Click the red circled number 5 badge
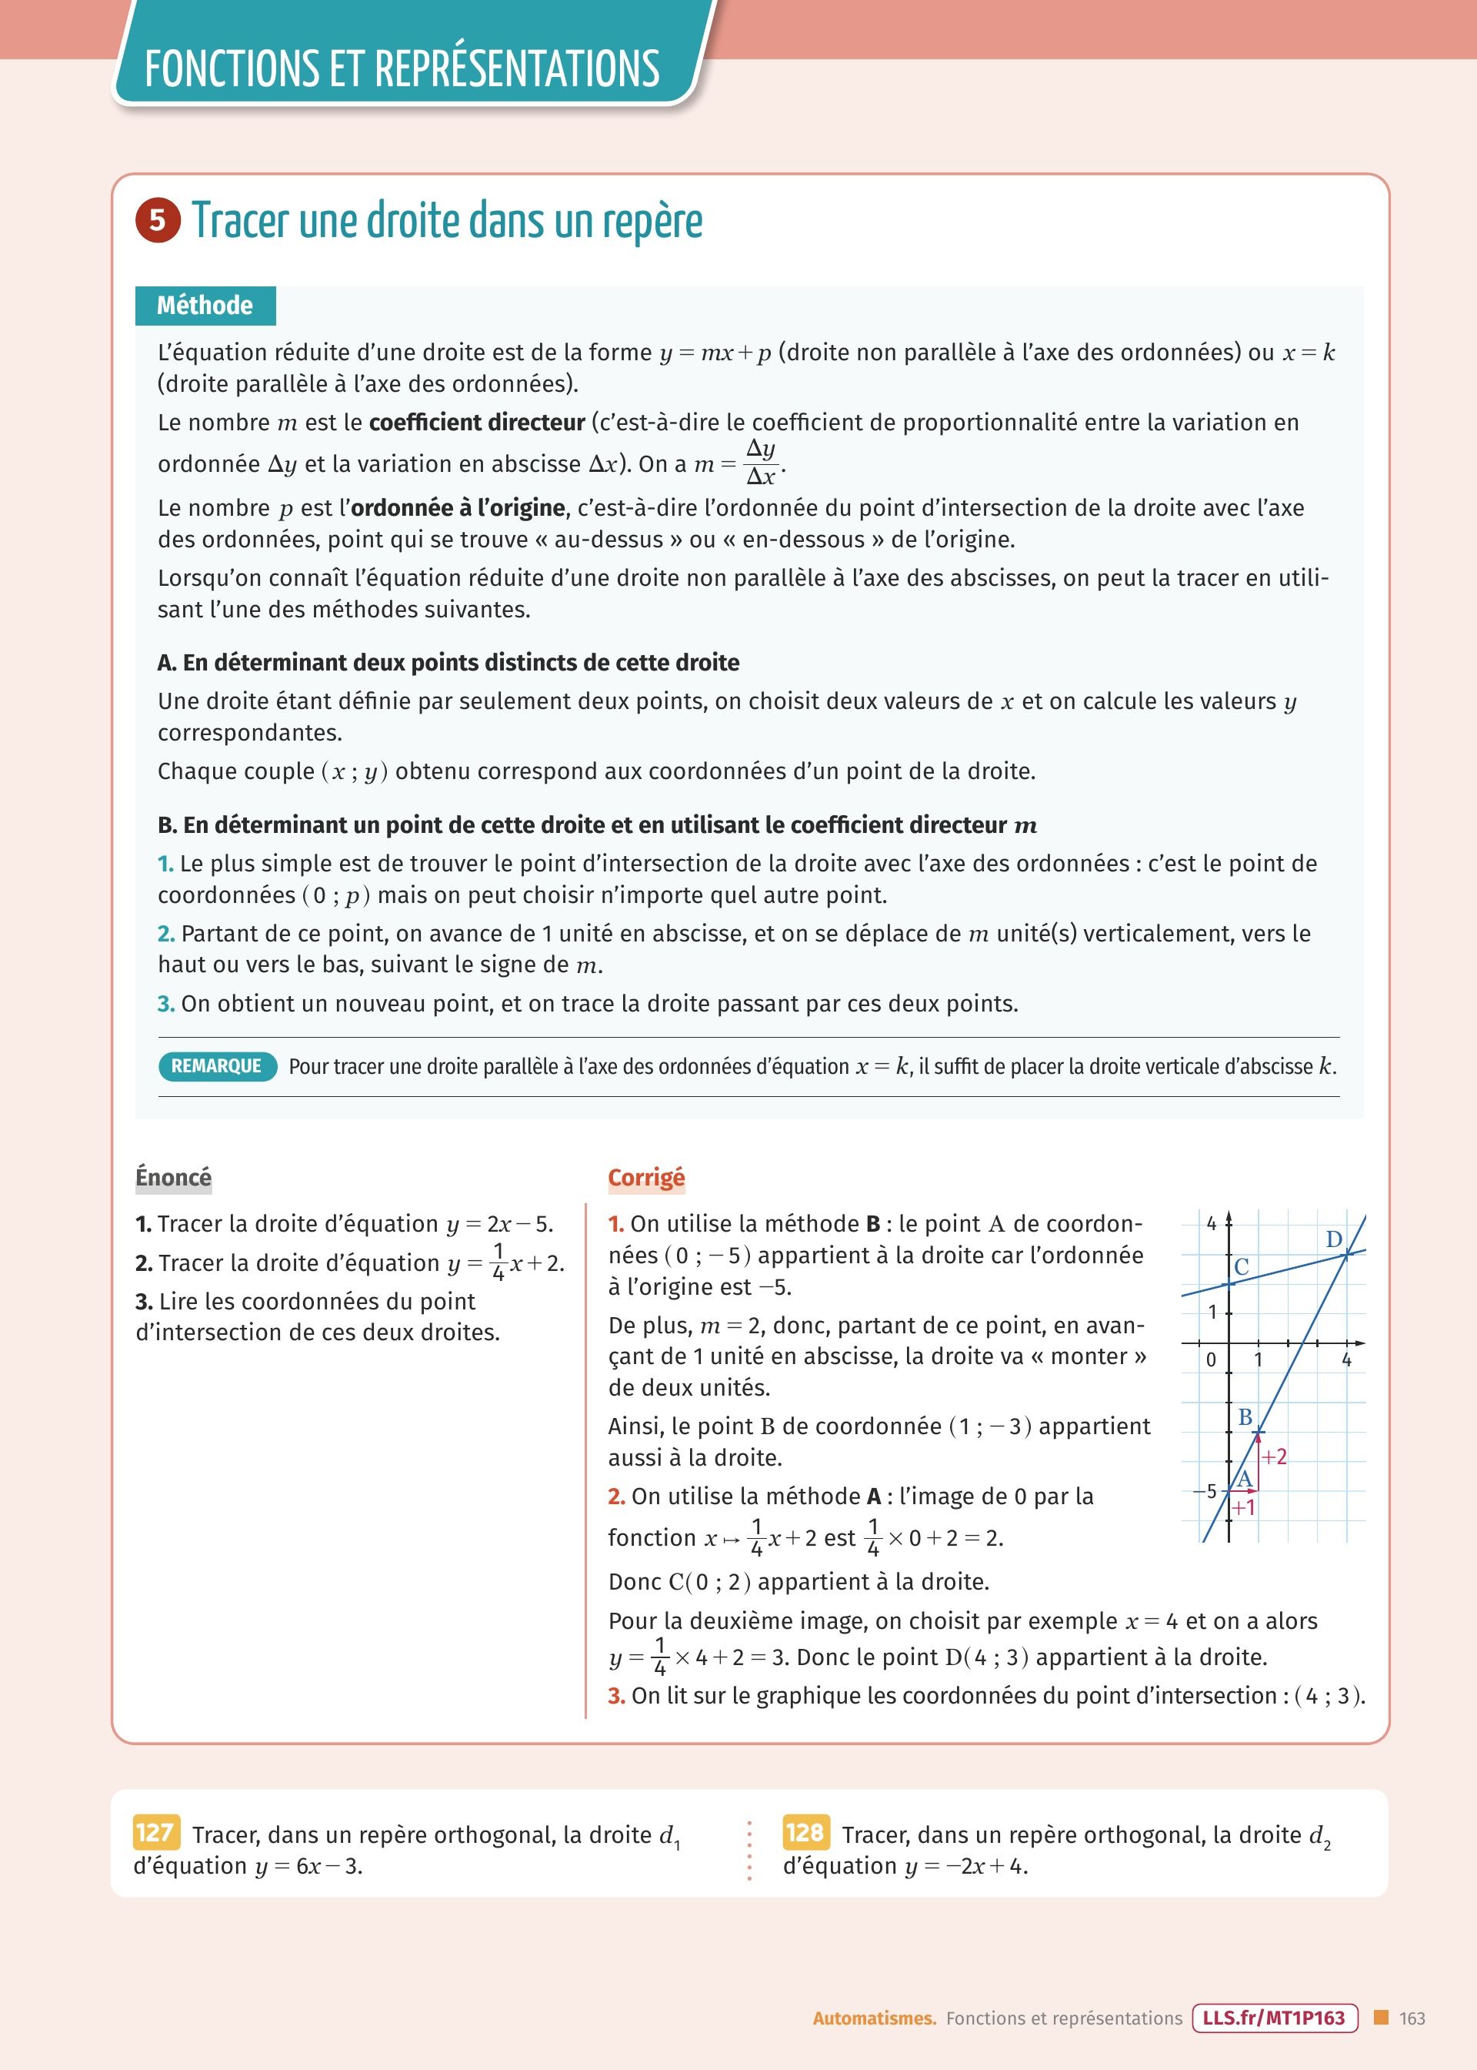[158, 220]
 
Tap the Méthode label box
[205, 306]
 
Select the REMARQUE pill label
[216, 1065]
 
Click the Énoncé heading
[173, 1176]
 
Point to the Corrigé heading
[645, 1177]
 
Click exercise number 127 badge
[155, 1831]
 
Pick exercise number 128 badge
[804, 1831]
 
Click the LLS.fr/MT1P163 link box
[1273, 2018]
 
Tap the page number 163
[1412, 2018]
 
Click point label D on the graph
[1333, 1239]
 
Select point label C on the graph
[1242, 1266]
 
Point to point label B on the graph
[1245, 1416]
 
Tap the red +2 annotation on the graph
[1274, 1456]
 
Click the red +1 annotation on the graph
[1243, 1508]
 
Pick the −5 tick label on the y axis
[1205, 1490]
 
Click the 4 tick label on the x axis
[1347, 1360]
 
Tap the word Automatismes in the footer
[874, 2018]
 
